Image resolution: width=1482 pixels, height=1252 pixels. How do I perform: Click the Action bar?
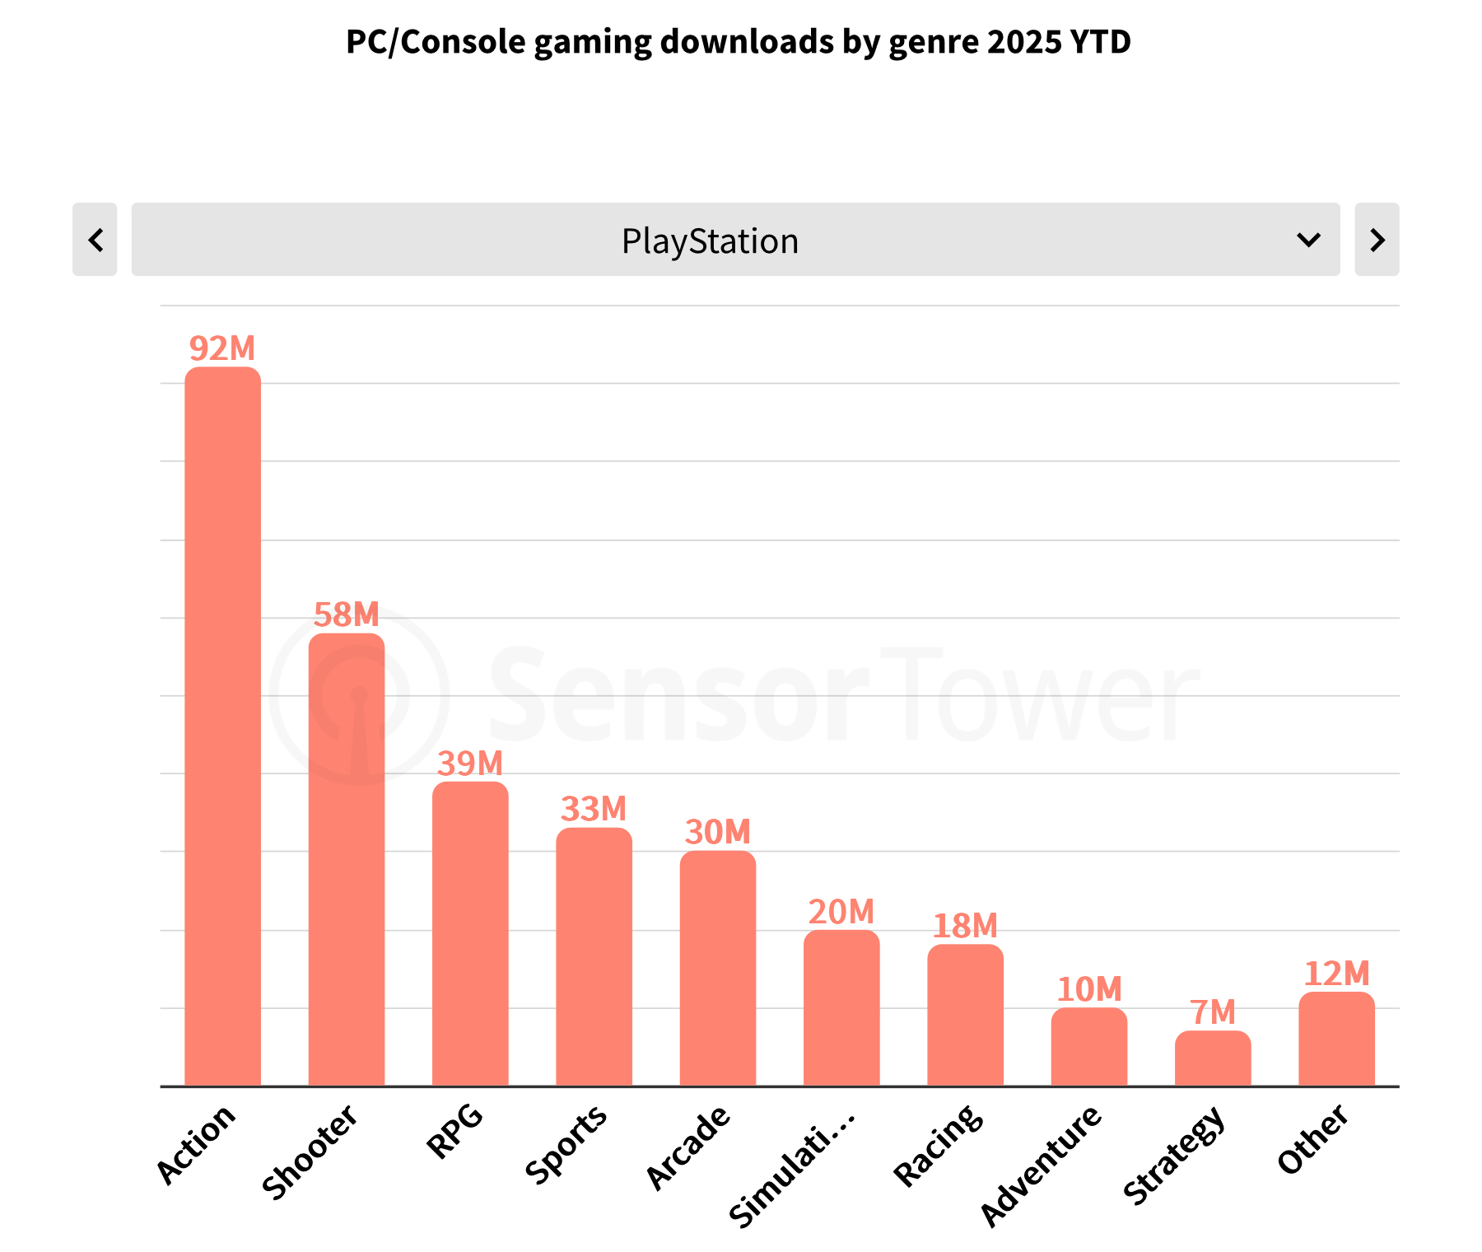coord(222,725)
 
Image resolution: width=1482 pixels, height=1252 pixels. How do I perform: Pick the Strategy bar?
coord(1213,1058)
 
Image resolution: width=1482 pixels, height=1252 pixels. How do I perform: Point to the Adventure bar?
coord(1089,1047)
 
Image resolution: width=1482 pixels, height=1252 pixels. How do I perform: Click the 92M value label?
coord(222,348)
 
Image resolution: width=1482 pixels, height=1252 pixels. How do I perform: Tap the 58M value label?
coord(347,614)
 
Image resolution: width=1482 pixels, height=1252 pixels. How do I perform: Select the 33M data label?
coord(594,809)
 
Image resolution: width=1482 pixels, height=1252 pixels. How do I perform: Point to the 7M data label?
coord(1213,1011)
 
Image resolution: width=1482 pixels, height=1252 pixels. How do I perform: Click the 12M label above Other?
coord(1336,974)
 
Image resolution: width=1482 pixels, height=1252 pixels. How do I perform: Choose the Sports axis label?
coord(566,1144)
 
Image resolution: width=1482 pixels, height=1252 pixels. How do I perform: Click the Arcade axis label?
coord(688,1147)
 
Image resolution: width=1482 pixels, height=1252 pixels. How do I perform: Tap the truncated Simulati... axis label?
coord(792,1166)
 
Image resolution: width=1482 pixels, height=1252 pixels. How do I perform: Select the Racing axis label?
coord(939,1145)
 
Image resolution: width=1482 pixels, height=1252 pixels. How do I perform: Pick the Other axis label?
coord(1312,1139)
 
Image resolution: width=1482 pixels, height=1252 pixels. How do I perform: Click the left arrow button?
coord(95,240)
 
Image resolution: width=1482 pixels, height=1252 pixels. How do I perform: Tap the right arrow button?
coord(1377,240)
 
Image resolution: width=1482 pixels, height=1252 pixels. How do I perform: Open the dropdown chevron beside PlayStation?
coord(1308,240)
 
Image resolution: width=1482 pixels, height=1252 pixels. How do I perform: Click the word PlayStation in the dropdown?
coord(710,241)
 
